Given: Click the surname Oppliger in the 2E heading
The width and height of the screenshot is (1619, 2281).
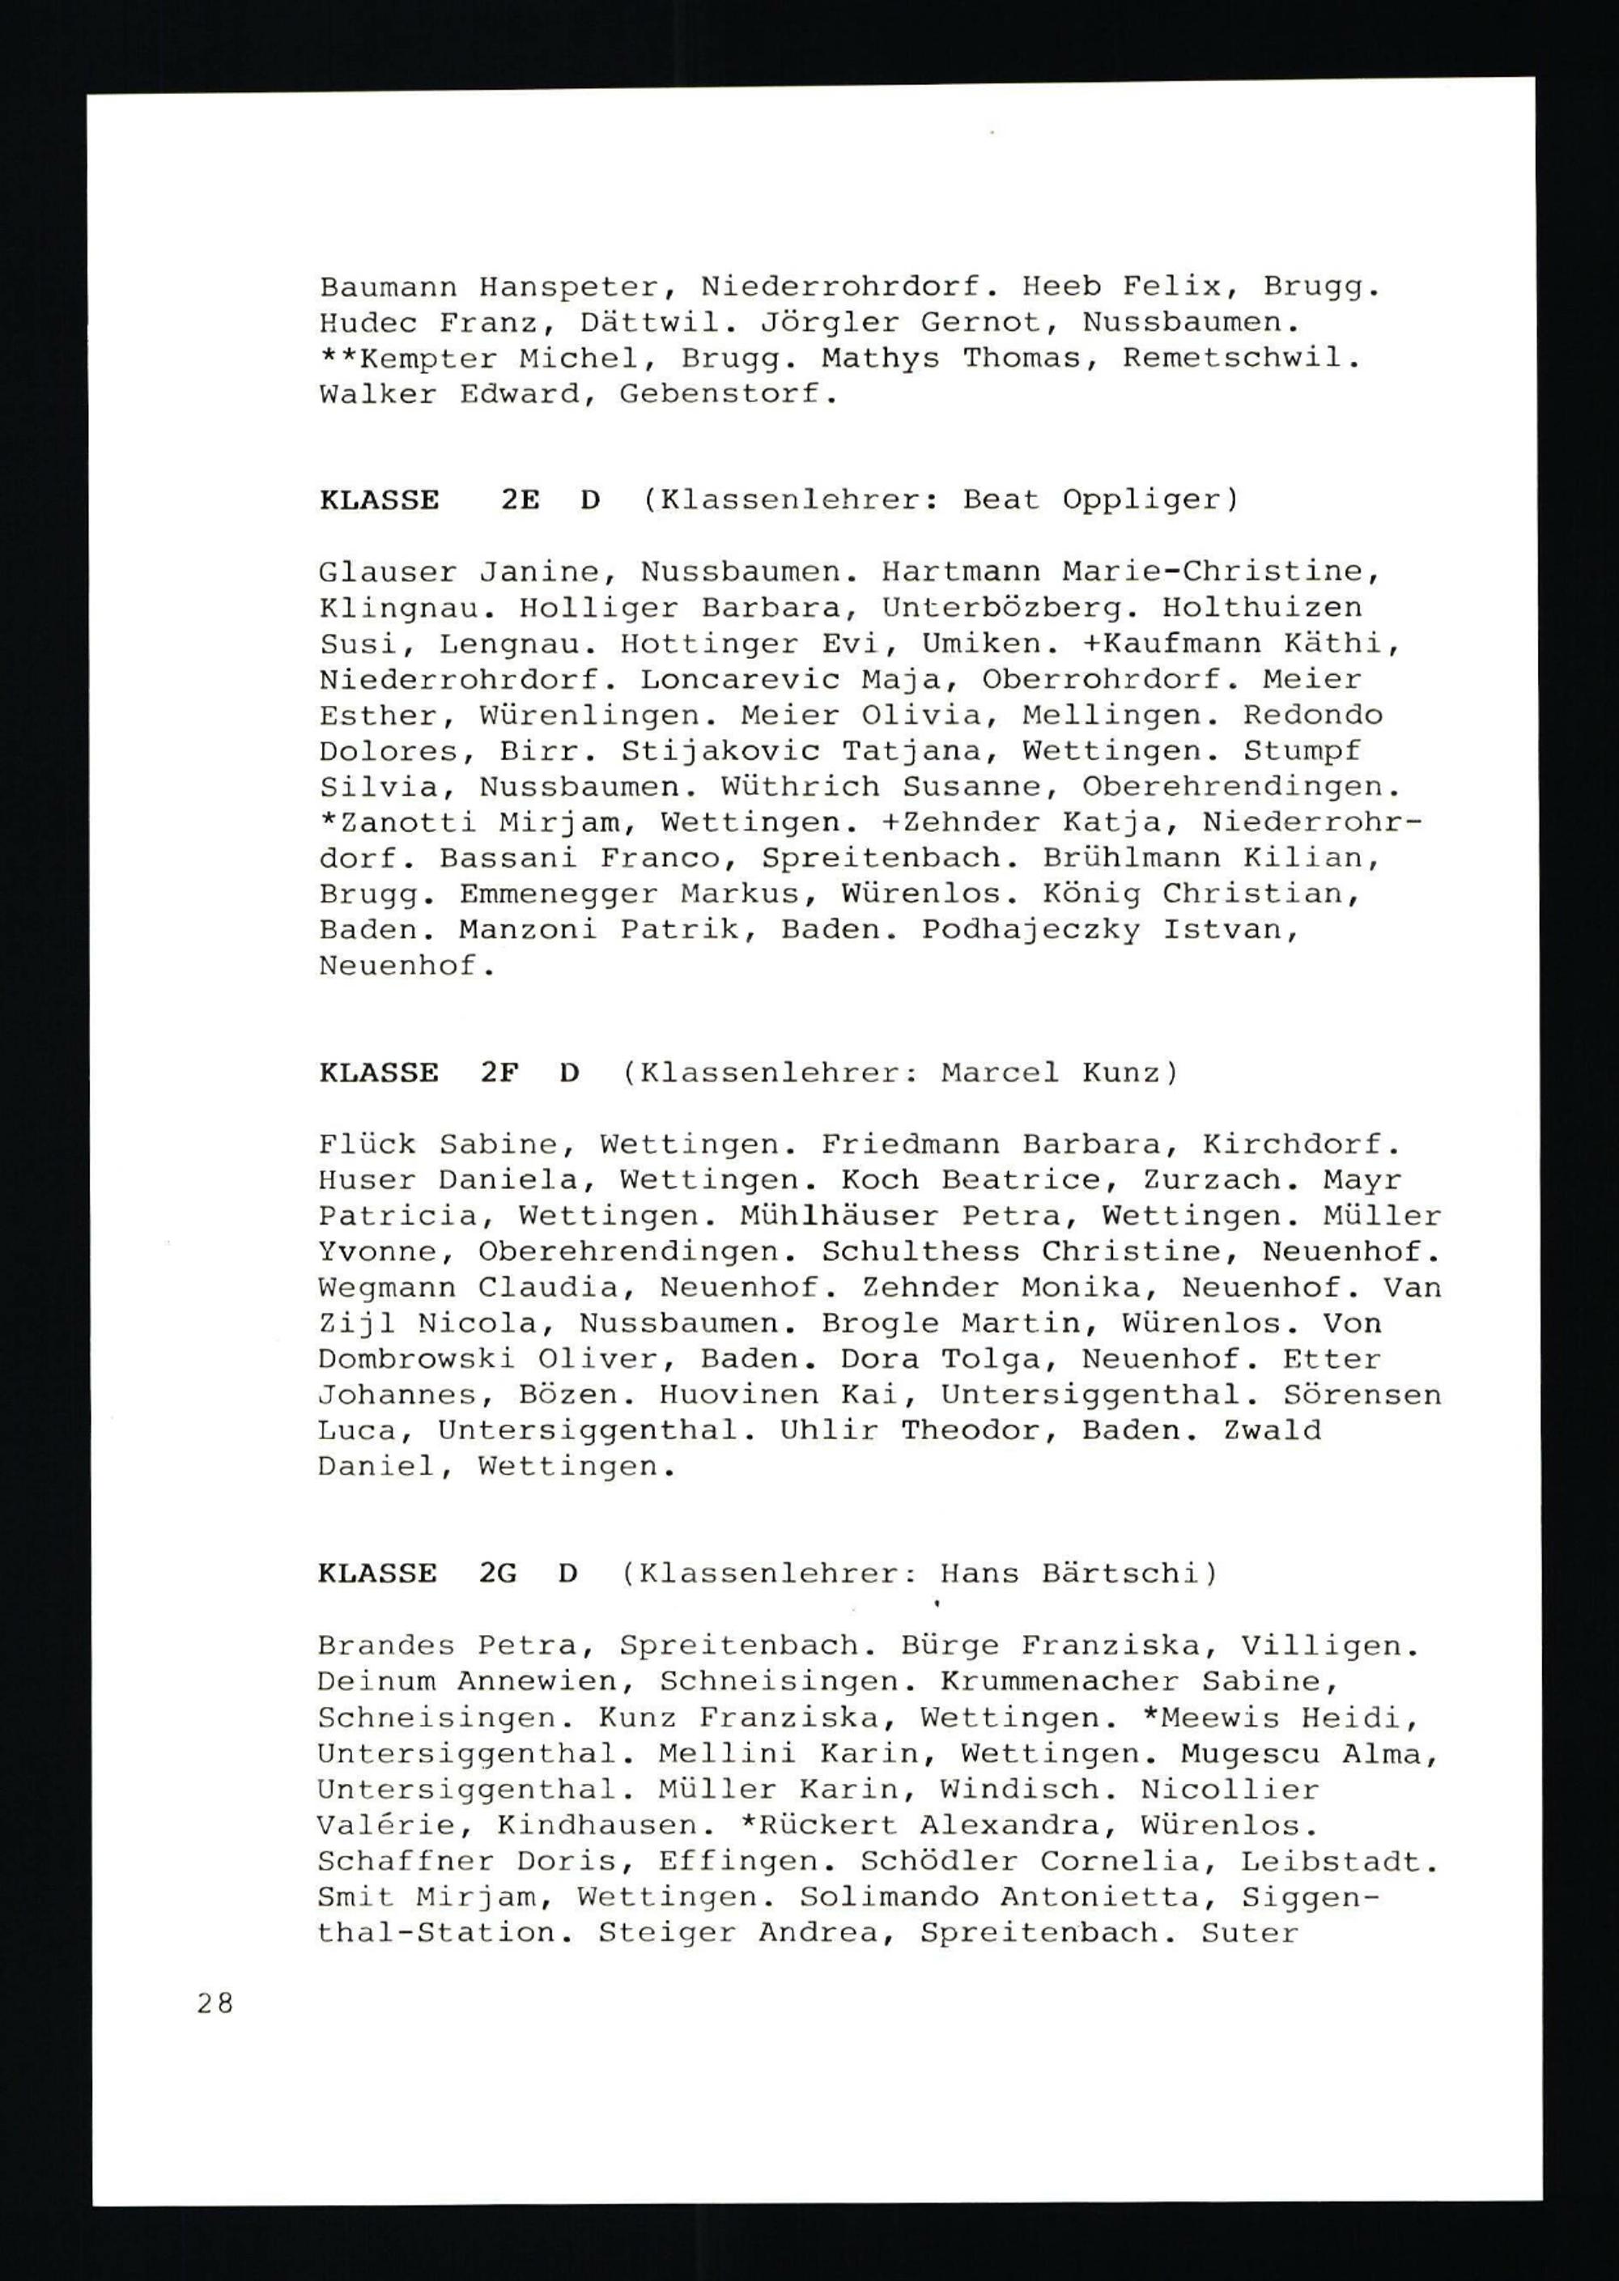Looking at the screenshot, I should [1141, 500].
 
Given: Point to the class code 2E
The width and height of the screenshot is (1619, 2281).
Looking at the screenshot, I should [520, 499].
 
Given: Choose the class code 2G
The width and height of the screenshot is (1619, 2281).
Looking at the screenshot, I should [498, 1574].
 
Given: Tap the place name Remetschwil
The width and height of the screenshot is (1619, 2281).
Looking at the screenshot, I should [1240, 359].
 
